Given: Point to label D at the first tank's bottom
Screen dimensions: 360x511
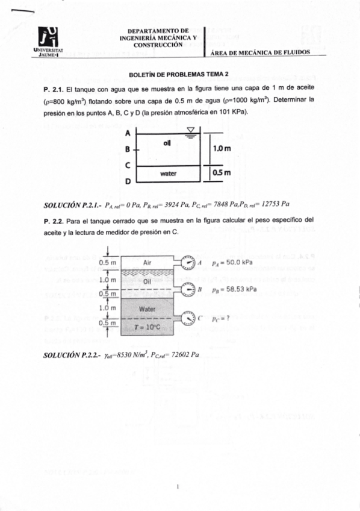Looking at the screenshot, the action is tap(128, 180).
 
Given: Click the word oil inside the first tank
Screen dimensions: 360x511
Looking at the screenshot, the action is tap(168, 143).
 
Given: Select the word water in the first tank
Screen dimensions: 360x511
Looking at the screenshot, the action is tap(168, 174).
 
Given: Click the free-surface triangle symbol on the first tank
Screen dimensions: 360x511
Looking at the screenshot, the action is tap(191, 130).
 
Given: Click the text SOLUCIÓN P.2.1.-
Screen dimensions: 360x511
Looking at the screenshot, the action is tap(69, 204).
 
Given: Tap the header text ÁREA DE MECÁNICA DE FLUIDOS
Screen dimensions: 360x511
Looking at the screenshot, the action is tap(260, 52).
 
